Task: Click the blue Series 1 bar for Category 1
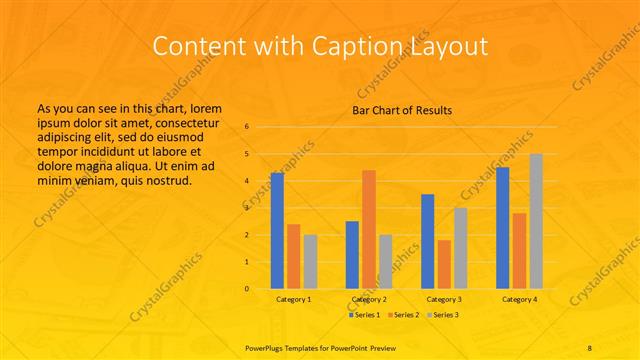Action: [x=277, y=231]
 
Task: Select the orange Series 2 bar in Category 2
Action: [x=369, y=229]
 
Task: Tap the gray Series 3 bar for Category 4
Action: [x=536, y=221]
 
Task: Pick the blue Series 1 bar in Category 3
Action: [x=428, y=241]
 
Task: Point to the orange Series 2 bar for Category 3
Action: [x=444, y=264]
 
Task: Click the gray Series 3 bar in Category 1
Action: [x=310, y=261]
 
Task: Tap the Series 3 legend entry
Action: [x=441, y=314]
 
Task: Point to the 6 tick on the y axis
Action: [x=247, y=127]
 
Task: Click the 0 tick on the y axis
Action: [x=247, y=289]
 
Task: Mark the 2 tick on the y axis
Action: [x=247, y=235]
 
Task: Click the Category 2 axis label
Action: [x=369, y=299]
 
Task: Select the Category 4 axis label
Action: [x=519, y=299]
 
